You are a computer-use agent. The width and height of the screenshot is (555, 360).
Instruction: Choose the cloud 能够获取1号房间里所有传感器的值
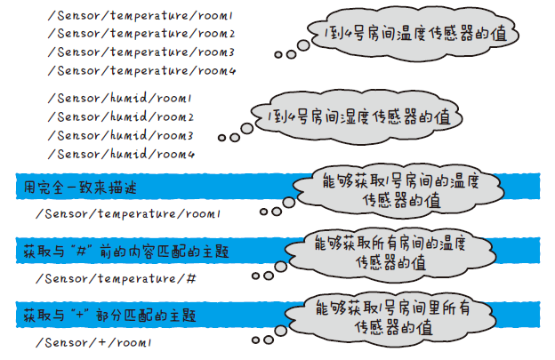(x=397, y=318)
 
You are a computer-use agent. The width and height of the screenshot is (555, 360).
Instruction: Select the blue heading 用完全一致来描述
(x=81, y=188)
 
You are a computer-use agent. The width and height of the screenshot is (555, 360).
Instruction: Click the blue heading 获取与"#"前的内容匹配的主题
(x=125, y=252)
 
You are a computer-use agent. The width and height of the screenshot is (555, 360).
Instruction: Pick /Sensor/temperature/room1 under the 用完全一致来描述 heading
(x=128, y=214)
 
